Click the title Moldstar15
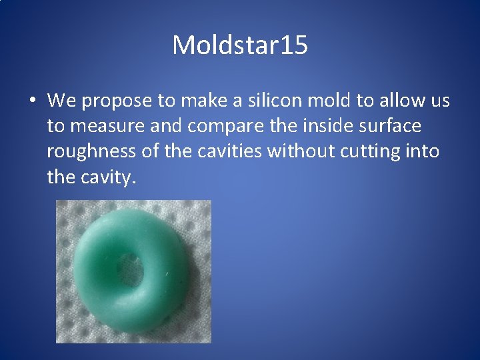click(240, 45)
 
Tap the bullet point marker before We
click(32, 101)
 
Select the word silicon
click(275, 101)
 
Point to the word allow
click(394, 101)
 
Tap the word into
click(424, 151)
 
